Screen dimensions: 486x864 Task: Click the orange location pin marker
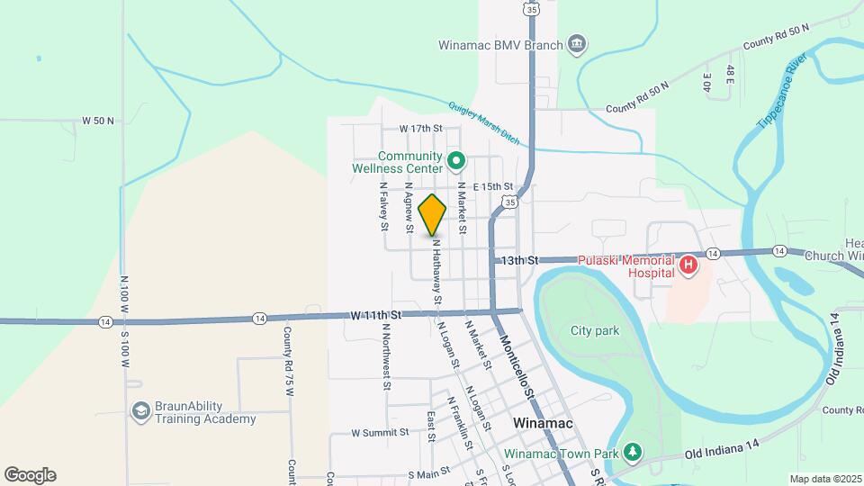click(x=433, y=214)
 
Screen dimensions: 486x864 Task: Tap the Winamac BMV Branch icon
click(x=577, y=43)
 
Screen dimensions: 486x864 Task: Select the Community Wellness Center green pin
click(x=456, y=162)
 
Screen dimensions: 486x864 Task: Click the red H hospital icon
click(x=688, y=265)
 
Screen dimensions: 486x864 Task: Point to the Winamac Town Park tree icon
click(x=634, y=452)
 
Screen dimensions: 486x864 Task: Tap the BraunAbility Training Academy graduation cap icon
click(x=139, y=411)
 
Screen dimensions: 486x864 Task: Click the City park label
click(x=595, y=330)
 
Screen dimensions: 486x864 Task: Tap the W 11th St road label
click(x=375, y=315)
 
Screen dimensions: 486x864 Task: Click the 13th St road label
click(x=519, y=259)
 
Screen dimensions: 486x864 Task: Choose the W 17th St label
click(x=420, y=129)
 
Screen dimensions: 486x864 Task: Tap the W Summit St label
click(x=380, y=432)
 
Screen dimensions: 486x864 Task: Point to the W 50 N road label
click(x=98, y=120)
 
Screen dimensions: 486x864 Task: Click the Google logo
click(x=30, y=475)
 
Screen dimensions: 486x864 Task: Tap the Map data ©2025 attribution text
click(x=824, y=479)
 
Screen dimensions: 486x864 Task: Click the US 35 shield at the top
click(x=533, y=10)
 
